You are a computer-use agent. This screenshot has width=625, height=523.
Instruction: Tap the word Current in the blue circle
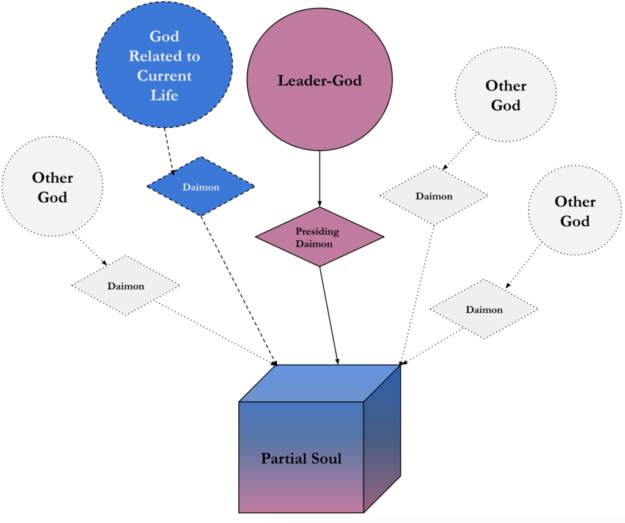[x=164, y=76]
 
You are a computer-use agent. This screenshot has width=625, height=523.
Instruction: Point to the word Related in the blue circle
[x=164, y=56]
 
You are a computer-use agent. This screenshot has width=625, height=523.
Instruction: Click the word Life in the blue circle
[x=164, y=95]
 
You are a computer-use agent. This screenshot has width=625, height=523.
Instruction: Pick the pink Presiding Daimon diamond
[x=320, y=236]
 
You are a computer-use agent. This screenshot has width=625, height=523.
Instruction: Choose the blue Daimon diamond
[x=200, y=186]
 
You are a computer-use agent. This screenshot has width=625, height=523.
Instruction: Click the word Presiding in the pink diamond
[x=317, y=232]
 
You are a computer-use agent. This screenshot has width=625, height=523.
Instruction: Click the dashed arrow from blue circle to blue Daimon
[x=169, y=147]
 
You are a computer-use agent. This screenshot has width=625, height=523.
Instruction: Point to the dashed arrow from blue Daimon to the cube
[x=238, y=287]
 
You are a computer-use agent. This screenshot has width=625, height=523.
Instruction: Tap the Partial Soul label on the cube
[x=301, y=458]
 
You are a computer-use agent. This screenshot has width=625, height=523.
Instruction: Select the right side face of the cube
[x=382, y=437]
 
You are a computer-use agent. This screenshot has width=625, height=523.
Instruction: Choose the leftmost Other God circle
[x=53, y=187]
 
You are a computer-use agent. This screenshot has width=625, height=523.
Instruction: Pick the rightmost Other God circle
[x=575, y=211]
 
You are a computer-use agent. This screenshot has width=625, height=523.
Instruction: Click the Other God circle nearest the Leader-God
[x=505, y=95]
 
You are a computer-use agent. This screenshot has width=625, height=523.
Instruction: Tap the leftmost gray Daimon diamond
[x=125, y=285]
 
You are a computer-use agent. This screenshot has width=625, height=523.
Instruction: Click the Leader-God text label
[x=320, y=81]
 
